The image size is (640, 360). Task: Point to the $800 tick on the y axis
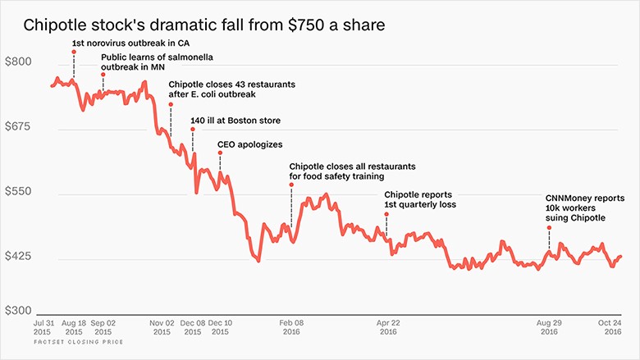(19, 62)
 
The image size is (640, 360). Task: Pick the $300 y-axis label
(19, 311)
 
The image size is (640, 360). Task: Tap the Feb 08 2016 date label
(290, 331)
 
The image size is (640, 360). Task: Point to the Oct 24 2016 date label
(607, 331)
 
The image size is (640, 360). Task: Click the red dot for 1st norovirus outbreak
(74, 52)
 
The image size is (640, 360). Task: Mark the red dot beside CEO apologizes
(219, 153)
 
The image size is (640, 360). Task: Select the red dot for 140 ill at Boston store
(193, 129)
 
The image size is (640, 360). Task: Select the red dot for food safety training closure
(291, 185)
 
